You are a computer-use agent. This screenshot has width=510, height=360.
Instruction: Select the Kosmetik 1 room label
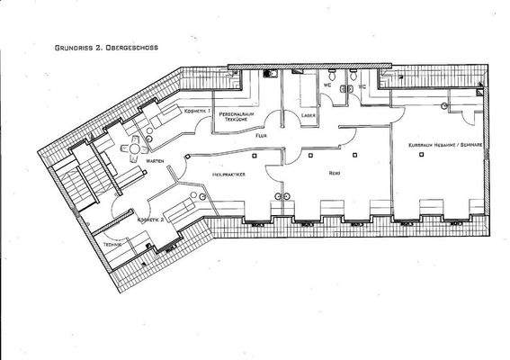197,111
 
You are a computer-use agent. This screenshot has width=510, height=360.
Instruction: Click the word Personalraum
239,114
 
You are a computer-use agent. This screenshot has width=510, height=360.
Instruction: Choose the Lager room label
308,115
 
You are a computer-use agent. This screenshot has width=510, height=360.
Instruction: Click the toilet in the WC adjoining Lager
334,81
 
